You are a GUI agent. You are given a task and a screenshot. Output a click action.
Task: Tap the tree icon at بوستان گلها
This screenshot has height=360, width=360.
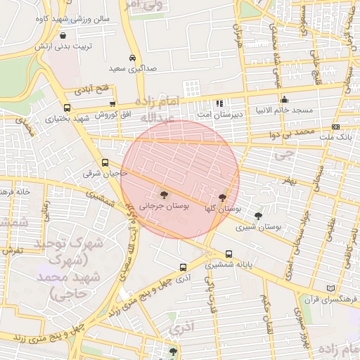(x=223, y=198)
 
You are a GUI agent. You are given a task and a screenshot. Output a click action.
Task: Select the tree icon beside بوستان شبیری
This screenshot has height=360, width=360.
(x=258, y=216)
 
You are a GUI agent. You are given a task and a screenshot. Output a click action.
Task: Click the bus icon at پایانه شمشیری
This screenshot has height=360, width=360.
(x=229, y=255)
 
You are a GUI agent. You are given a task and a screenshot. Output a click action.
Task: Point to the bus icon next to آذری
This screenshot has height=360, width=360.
(x=183, y=267)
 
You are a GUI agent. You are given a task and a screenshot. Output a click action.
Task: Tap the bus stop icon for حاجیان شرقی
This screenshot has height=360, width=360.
(x=105, y=162)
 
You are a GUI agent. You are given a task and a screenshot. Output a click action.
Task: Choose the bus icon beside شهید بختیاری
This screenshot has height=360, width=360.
(x=67, y=108)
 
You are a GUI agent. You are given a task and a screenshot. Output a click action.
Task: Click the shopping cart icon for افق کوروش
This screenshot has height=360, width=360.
(x=112, y=104)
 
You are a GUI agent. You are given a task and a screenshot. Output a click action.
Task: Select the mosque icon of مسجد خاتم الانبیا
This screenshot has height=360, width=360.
(x=284, y=100)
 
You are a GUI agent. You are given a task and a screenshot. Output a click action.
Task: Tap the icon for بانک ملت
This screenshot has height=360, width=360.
(x=335, y=127)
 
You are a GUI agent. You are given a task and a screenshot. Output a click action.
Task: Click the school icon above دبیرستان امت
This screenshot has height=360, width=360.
(x=219, y=103)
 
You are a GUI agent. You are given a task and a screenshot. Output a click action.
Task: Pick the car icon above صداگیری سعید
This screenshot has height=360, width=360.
(x=132, y=58)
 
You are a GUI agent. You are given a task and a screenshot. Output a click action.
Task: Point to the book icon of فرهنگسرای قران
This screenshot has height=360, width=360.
(x=331, y=289)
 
